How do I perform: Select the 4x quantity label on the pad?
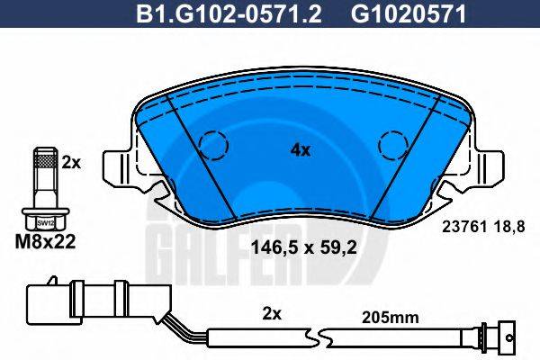[300, 150]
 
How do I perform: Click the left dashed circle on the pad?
[214, 144]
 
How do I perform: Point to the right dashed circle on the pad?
[392, 144]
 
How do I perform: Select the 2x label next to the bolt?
[73, 163]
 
